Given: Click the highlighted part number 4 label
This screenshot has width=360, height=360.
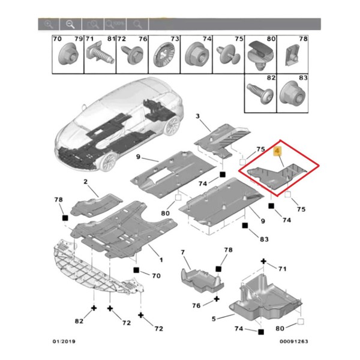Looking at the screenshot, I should [277, 151].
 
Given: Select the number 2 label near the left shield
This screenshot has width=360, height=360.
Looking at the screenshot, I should [86, 182].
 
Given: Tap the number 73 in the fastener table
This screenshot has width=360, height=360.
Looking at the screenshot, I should [175, 40].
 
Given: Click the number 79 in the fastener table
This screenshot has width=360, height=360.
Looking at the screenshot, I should [77, 40].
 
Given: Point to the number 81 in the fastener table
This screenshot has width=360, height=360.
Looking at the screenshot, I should [110, 40].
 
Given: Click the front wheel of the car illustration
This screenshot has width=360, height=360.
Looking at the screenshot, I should [109, 161].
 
